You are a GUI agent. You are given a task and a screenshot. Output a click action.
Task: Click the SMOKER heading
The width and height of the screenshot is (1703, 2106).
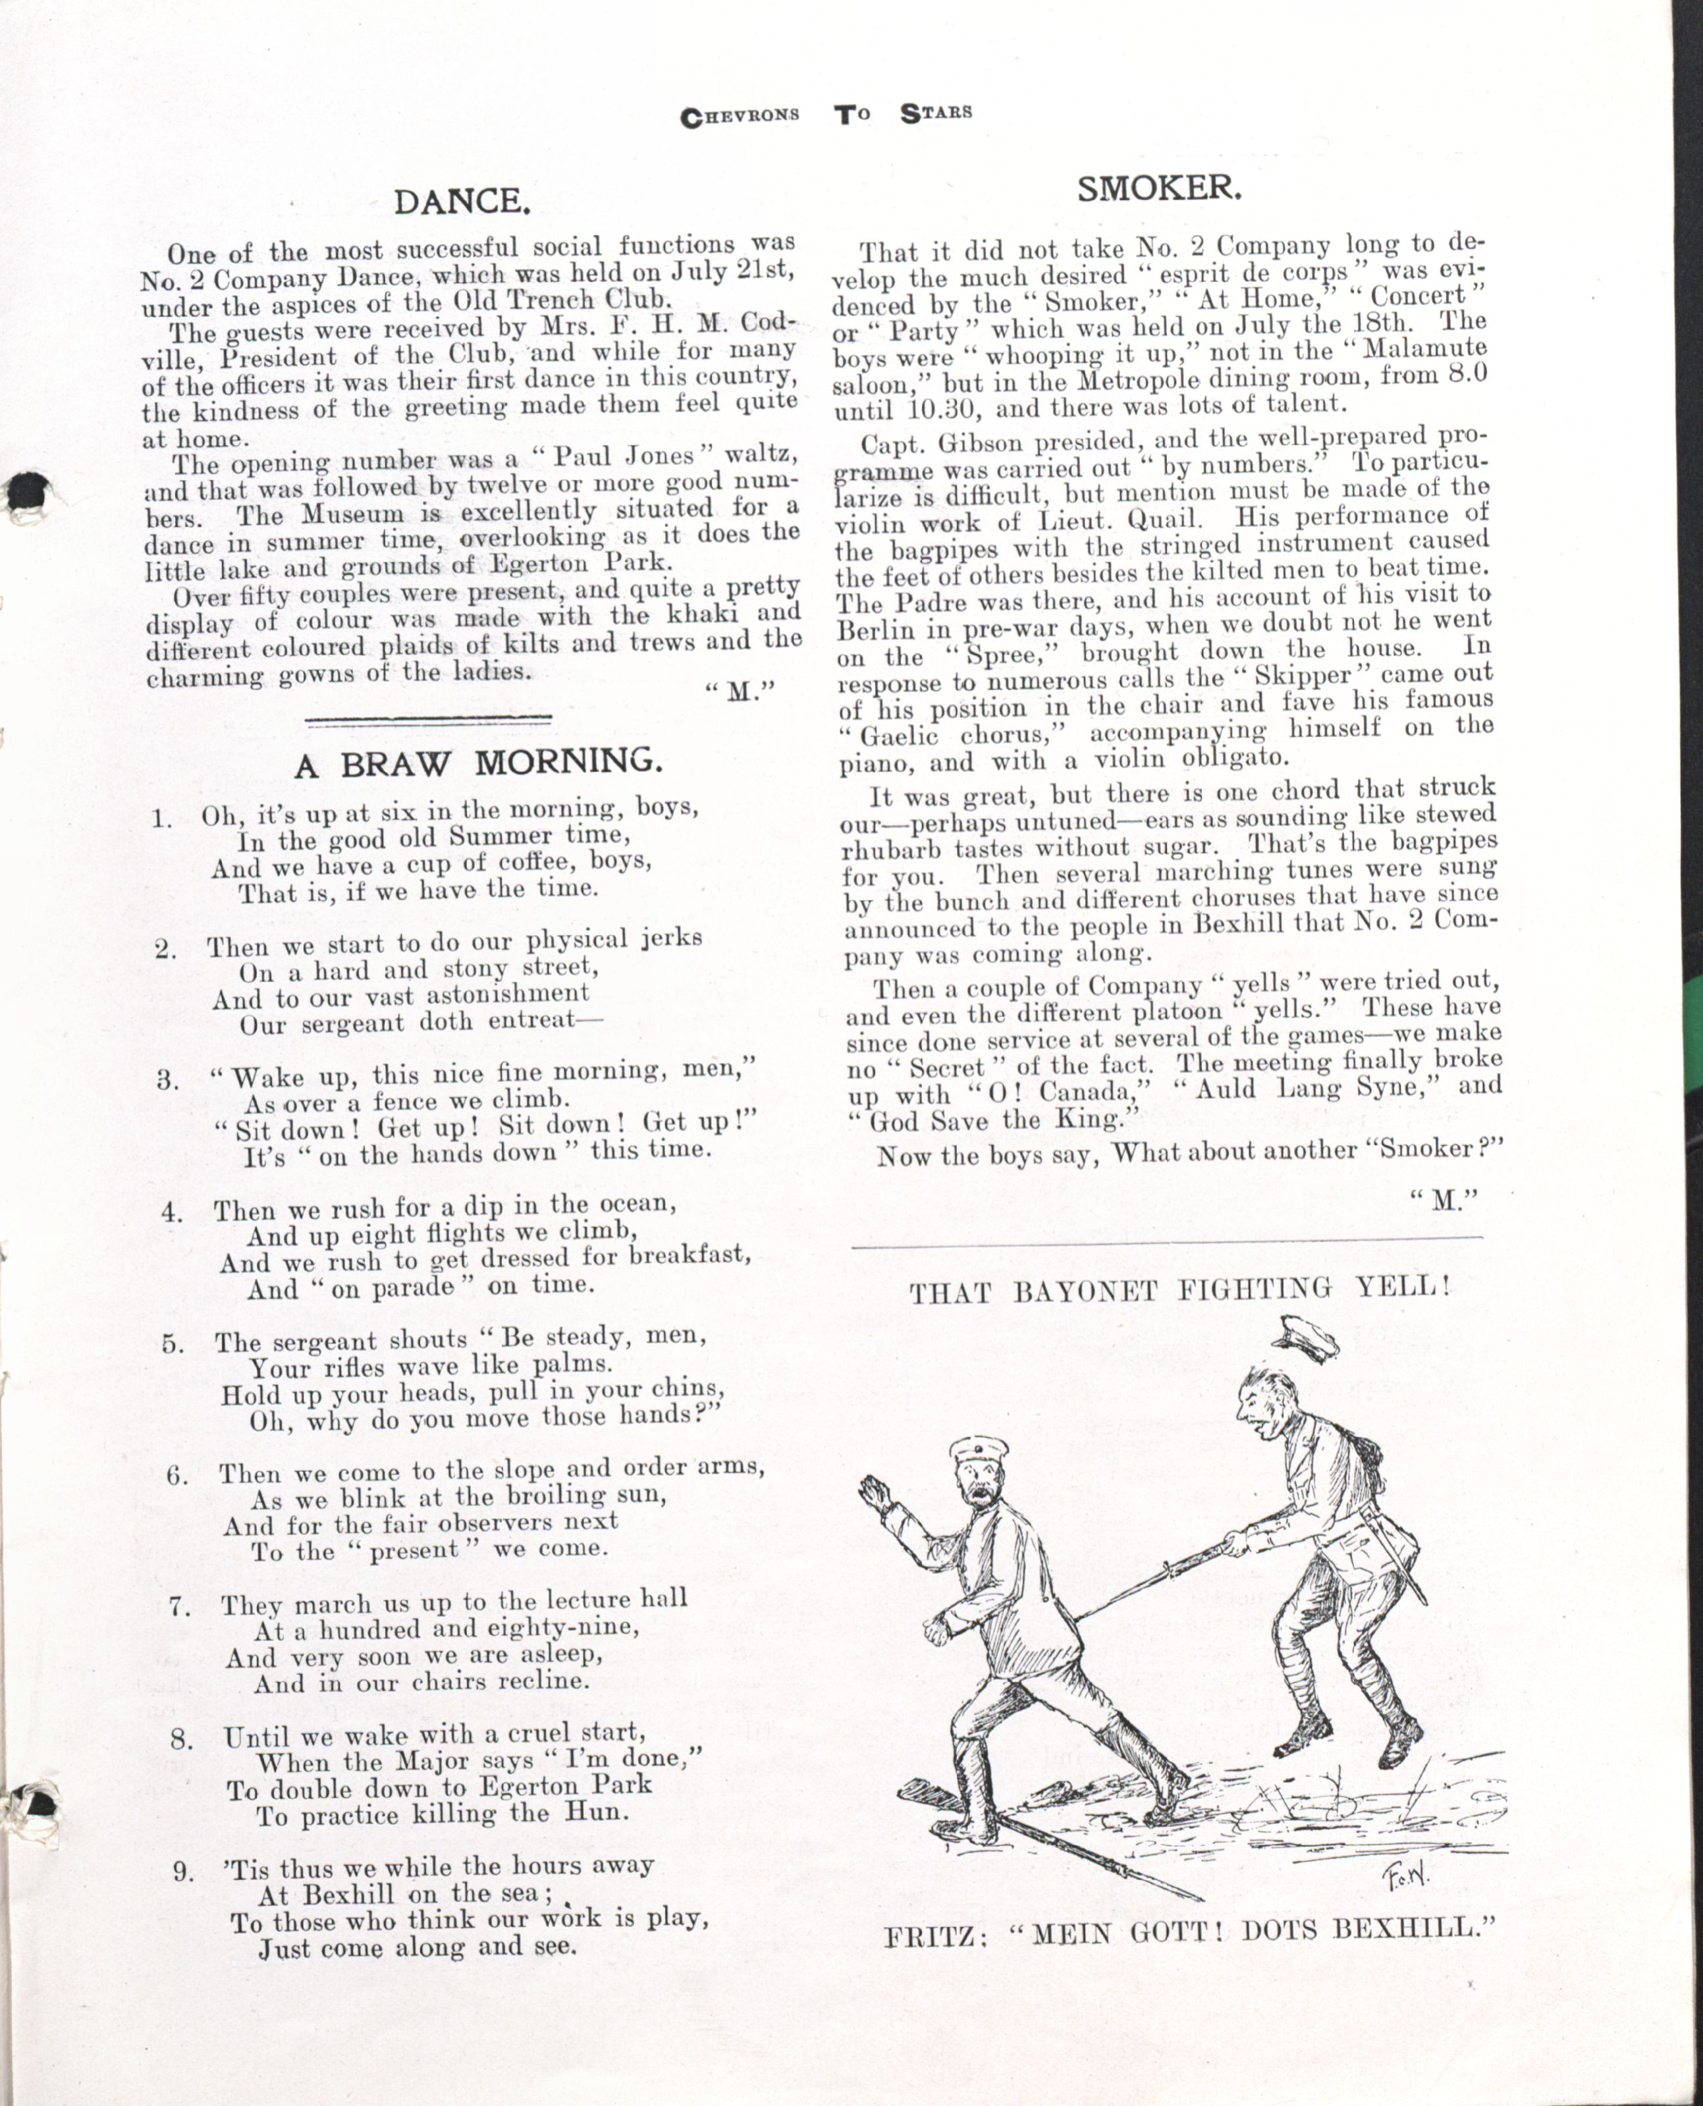pyautogui.click(x=1160, y=188)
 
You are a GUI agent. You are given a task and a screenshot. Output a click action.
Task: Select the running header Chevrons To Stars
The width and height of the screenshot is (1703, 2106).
pyautogui.click(x=826, y=113)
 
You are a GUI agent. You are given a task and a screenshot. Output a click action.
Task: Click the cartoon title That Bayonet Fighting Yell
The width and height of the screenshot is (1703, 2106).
pyautogui.click(x=1178, y=1288)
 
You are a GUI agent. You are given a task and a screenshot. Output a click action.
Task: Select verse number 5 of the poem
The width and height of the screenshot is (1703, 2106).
pyautogui.click(x=174, y=1344)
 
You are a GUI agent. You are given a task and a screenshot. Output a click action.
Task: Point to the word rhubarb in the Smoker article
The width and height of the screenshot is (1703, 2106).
pyautogui.click(x=889, y=848)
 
